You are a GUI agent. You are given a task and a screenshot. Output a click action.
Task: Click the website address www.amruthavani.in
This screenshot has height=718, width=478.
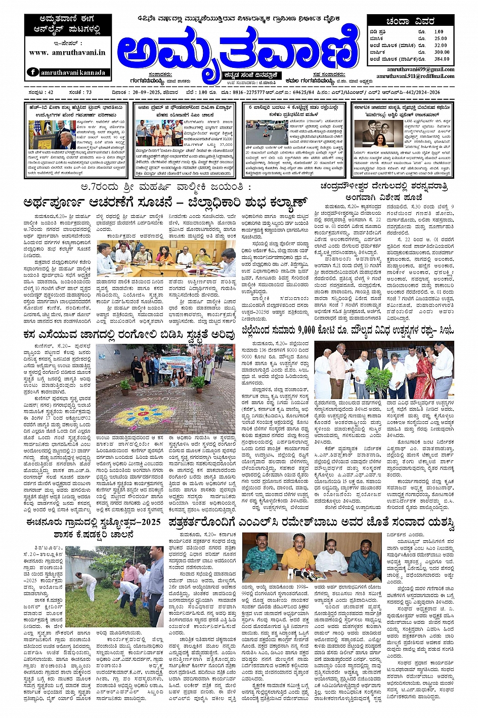(67, 52)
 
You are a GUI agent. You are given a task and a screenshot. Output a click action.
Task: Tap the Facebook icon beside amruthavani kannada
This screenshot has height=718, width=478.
(33, 72)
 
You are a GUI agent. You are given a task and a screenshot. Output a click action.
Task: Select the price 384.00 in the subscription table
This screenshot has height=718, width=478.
(442, 59)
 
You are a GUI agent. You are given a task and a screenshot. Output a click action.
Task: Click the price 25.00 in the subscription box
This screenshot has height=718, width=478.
(441, 38)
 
